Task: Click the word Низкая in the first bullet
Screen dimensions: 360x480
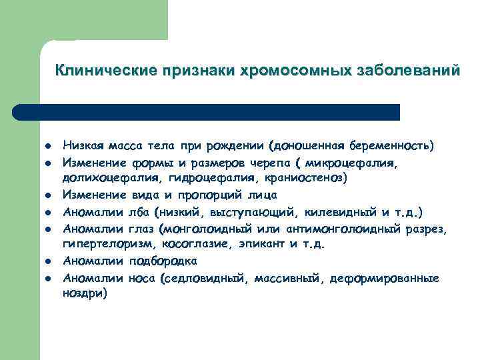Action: pyautogui.click(x=81, y=145)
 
